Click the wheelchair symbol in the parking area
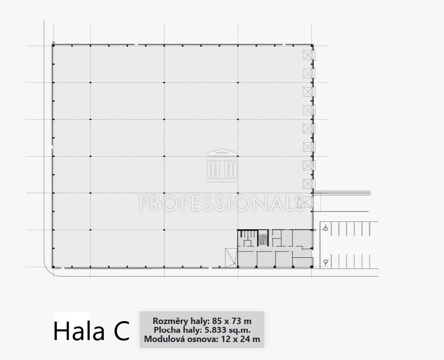point(326,228)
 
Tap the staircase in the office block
point(263,238)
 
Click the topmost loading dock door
point(309,55)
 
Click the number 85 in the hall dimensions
point(216,321)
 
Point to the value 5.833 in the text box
point(216,330)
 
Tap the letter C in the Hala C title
point(122,330)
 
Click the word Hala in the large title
point(79,330)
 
